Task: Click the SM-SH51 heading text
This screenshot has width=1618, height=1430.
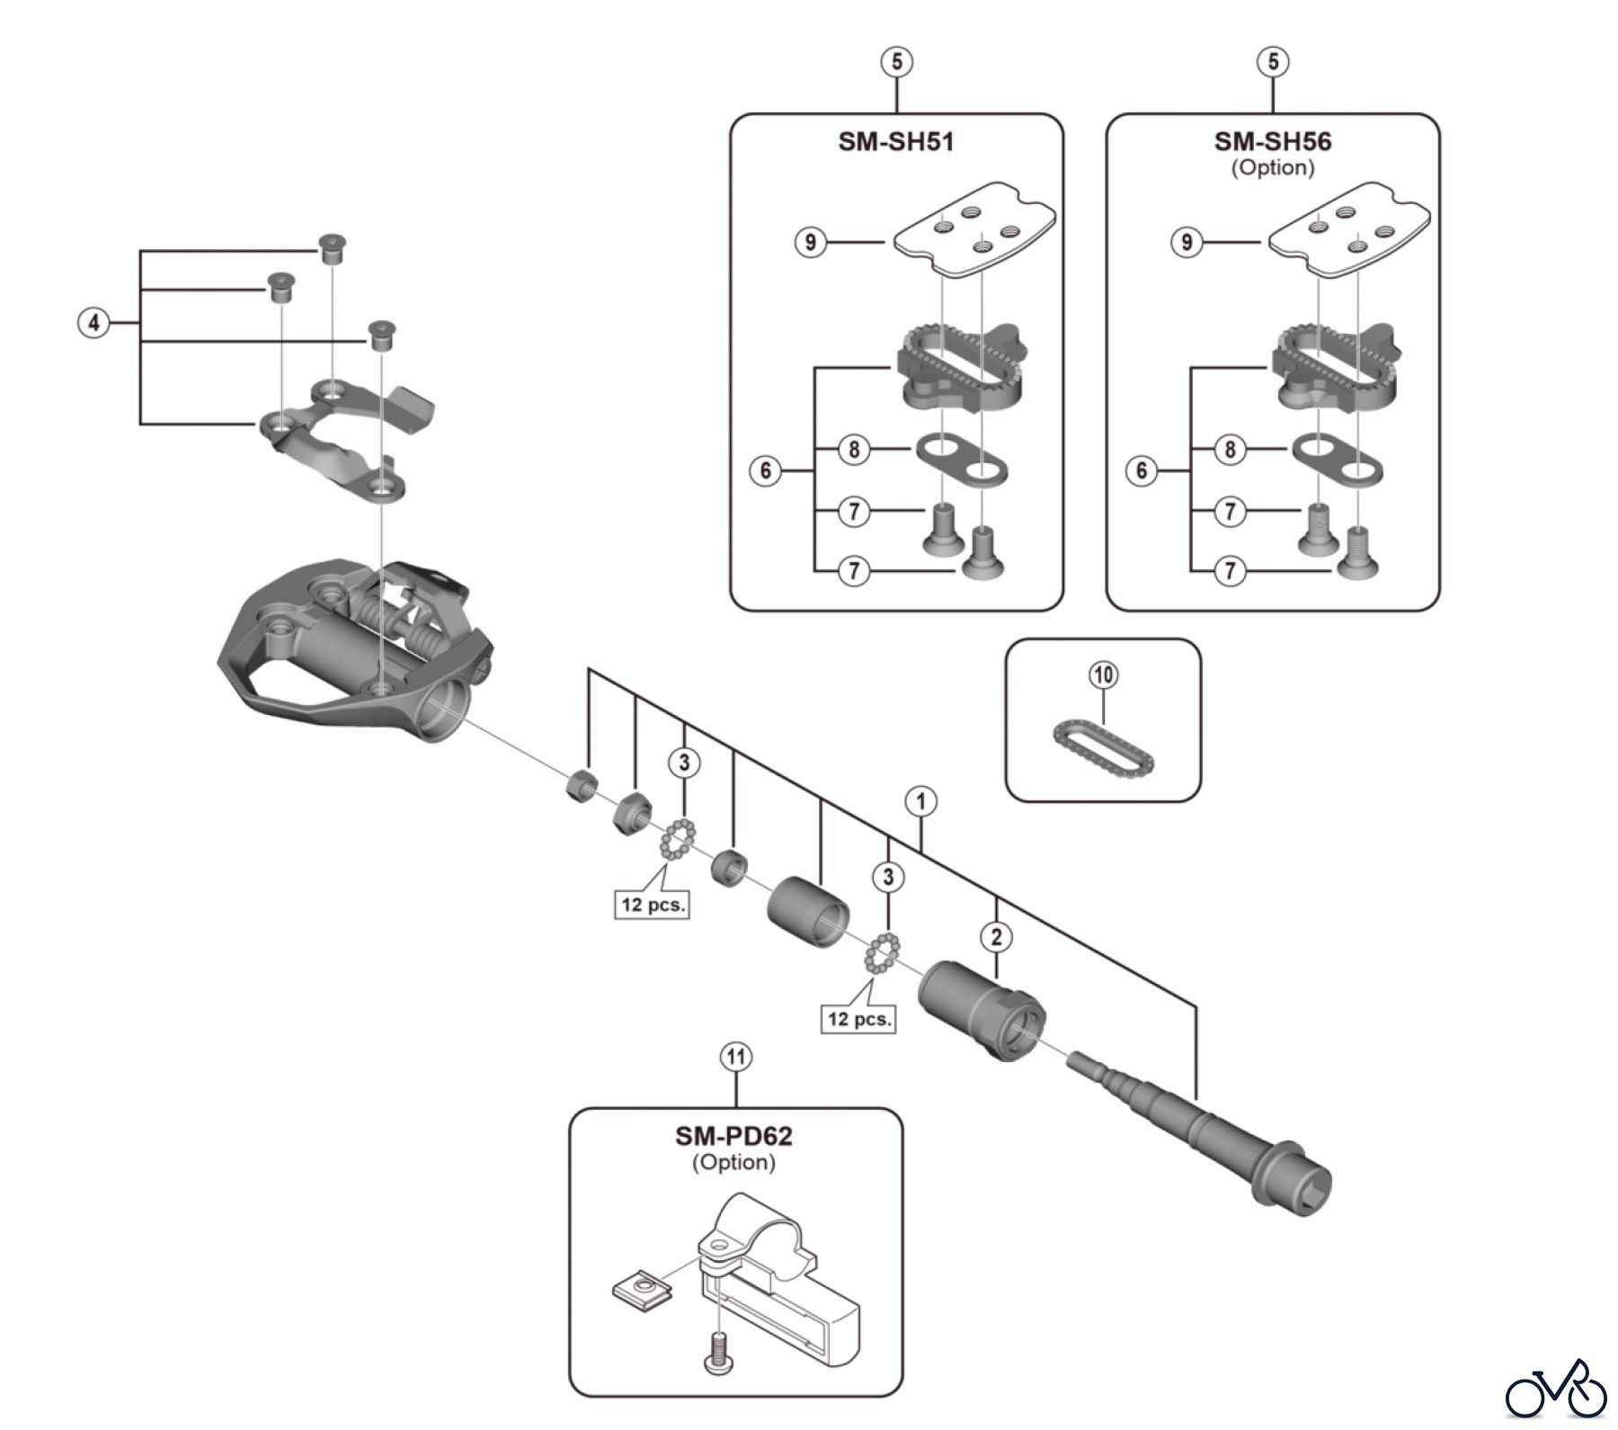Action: pyautogui.click(x=895, y=142)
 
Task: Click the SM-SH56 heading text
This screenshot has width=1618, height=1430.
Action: pyautogui.click(x=1272, y=142)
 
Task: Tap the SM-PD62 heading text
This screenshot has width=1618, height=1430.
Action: pyautogui.click(x=733, y=1137)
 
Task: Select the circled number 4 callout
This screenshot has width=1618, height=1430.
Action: pyautogui.click(x=93, y=323)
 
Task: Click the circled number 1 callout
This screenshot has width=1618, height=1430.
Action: pyautogui.click(x=921, y=801)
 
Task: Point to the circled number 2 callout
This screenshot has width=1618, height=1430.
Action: pyautogui.click(x=996, y=937)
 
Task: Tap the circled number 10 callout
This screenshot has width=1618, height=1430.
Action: pyautogui.click(x=1104, y=675)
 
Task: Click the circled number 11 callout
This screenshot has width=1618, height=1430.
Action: pyautogui.click(x=736, y=1058)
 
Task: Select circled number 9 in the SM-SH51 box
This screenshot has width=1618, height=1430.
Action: pyautogui.click(x=811, y=242)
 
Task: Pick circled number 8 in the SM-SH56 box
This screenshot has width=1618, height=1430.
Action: pyautogui.click(x=1231, y=449)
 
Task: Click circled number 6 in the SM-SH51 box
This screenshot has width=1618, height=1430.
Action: pyautogui.click(x=766, y=470)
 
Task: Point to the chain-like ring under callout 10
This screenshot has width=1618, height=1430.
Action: pyautogui.click(x=1103, y=744)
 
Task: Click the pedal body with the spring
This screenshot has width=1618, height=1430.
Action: pyautogui.click(x=351, y=648)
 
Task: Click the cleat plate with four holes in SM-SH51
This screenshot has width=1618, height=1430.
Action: pyautogui.click(x=975, y=229)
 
